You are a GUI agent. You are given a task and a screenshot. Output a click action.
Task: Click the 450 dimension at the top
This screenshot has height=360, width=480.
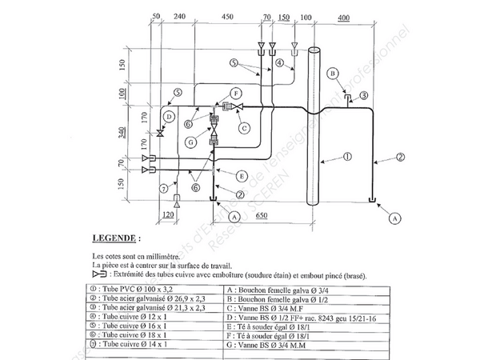227,15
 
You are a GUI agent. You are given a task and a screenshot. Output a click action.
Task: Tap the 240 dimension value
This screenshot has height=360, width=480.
179,15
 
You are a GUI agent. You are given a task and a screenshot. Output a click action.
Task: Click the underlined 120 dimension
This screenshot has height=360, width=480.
168,214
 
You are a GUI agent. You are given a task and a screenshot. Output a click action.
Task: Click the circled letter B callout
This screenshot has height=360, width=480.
331,74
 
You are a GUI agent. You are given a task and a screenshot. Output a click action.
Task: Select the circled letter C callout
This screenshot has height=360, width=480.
246,126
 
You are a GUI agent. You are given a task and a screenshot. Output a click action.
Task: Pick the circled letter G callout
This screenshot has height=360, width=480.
191,142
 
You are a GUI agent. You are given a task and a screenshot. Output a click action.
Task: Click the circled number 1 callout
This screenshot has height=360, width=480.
347,158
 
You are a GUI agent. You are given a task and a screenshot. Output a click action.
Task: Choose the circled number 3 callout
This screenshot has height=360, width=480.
363,95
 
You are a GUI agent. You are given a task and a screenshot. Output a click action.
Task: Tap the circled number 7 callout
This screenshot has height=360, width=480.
163,188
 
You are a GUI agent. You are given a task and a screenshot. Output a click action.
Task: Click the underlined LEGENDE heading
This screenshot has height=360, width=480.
116,238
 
